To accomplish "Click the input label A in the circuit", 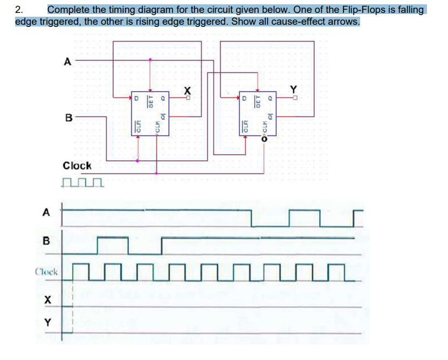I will click(67, 61).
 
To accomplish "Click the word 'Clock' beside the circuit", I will click(77, 166).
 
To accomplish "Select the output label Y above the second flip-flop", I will click(294, 89).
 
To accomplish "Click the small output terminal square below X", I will click(188, 98).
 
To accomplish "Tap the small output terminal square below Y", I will click(294, 98).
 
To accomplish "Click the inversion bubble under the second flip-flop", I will click(264, 139).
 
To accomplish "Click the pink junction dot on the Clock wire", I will click(156, 174).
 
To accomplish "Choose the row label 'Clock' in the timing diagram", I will click(47, 272).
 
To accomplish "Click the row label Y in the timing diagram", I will click(48, 323).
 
